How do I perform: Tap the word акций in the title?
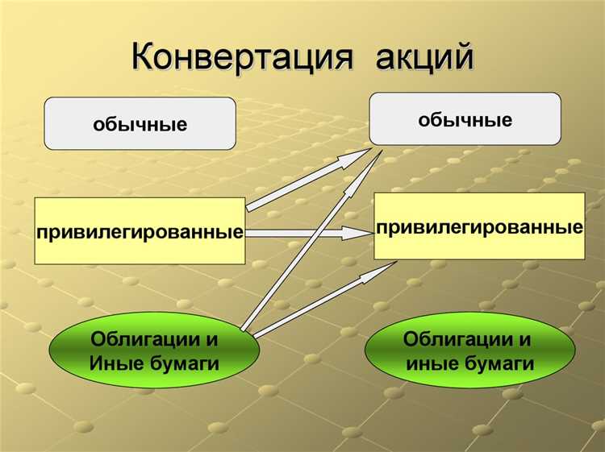(423, 57)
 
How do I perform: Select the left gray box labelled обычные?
(140, 124)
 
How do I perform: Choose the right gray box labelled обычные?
(465, 118)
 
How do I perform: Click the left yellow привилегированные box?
(140, 231)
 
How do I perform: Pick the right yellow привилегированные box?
(479, 226)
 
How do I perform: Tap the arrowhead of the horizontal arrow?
(355, 234)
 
